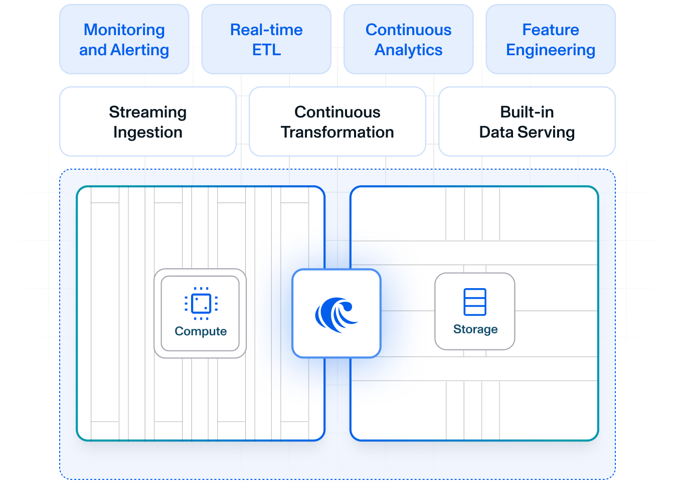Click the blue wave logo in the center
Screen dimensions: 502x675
click(336, 314)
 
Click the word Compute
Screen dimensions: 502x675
click(201, 331)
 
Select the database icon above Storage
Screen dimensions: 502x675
click(475, 302)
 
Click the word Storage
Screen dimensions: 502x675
click(475, 329)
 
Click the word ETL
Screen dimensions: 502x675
click(266, 50)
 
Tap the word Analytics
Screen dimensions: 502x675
click(408, 50)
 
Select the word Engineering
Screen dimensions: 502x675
click(550, 50)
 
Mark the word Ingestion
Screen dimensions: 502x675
click(147, 133)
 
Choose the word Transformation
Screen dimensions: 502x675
click(337, 133)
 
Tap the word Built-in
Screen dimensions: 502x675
click(527, 112)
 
